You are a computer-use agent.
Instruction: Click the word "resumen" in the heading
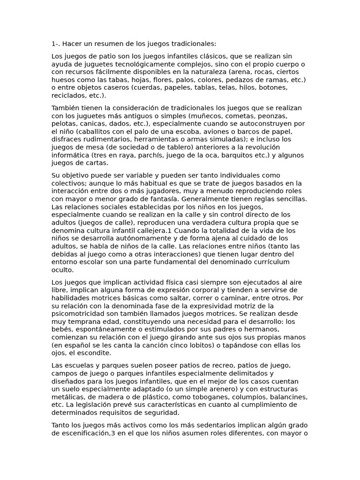(101, 44)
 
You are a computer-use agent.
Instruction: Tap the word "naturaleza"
(232, 72)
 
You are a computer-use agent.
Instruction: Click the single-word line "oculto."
(63, 270)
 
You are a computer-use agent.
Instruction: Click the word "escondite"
(95, 353)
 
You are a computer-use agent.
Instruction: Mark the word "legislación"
(93, 405)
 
